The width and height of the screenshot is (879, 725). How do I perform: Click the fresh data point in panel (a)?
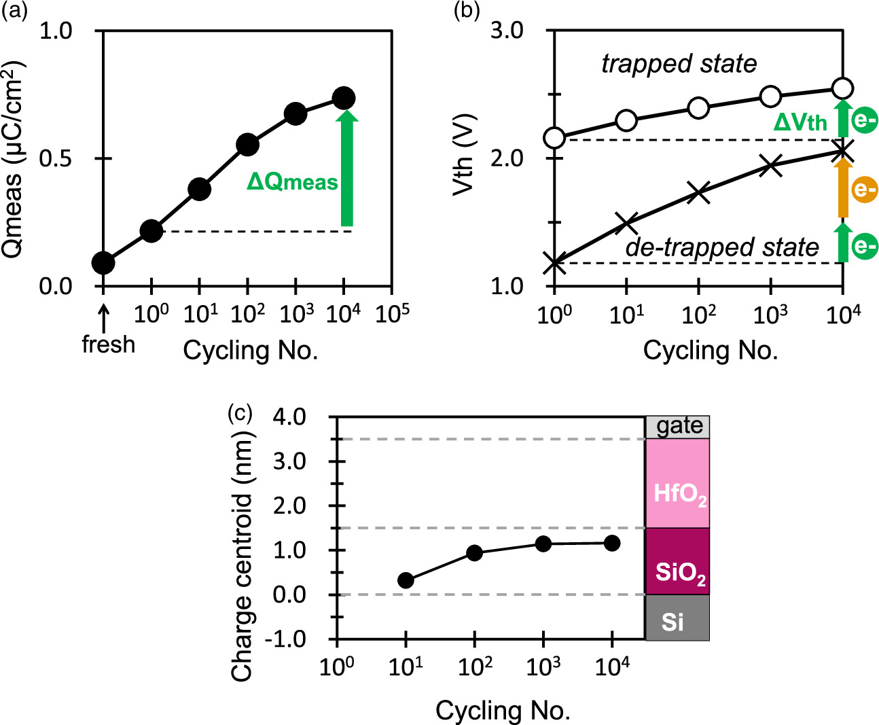103,262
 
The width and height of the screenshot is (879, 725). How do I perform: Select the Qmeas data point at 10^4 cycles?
344,99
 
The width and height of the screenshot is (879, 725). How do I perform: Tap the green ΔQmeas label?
292,182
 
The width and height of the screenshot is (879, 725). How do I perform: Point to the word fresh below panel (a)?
108,344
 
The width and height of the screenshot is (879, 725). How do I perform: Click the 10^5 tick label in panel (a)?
393,314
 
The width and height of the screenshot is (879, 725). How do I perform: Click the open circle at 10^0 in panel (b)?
555,138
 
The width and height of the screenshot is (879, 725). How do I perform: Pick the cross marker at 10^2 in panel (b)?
698,192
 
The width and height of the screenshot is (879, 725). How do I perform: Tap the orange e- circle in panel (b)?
864,190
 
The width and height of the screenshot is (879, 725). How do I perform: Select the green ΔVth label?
800,122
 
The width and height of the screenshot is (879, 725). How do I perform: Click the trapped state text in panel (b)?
679,64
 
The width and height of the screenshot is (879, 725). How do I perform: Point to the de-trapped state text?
722,247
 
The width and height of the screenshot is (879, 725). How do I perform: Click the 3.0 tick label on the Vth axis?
507,31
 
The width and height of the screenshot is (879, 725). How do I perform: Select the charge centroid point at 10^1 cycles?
406,580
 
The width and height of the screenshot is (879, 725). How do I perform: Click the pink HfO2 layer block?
677,483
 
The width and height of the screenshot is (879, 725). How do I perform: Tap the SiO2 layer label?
680,573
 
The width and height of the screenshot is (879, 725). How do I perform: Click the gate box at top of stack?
677,427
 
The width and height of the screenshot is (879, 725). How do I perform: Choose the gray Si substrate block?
677,618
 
